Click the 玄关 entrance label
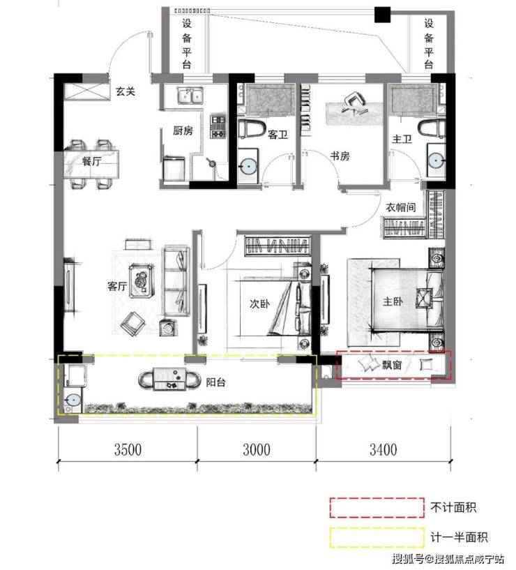126,91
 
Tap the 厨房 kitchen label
183,130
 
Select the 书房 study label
340,156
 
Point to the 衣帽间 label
401,207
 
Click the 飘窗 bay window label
392,365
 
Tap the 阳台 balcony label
216,382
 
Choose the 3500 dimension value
128,450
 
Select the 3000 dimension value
257,450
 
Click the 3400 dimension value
384,450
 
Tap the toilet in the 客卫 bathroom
252,128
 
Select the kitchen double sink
190,96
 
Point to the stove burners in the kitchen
218,126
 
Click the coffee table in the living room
142,280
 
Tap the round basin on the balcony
74,400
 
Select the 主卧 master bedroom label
393,301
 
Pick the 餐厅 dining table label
91,160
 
